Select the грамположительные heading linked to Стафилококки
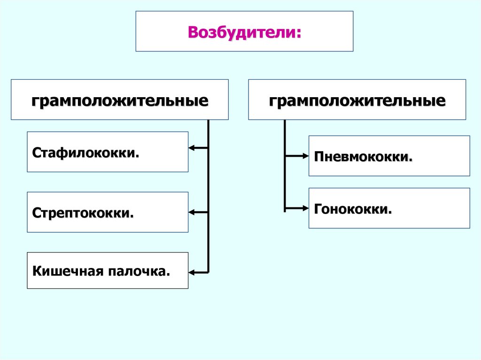point(120,101)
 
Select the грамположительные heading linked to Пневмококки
point(357,101)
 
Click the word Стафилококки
point(85,153)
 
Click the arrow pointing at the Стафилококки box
point(197,148)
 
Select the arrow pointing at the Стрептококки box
point(197,213)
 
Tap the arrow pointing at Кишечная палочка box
point(197,272)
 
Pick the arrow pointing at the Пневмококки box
point(296,156)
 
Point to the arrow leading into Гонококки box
point(296,208)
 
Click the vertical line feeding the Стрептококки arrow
point(208,188)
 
